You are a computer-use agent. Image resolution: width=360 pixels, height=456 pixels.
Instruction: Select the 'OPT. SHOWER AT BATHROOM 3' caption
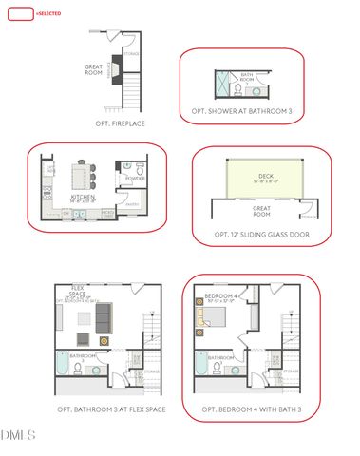pos(244,112)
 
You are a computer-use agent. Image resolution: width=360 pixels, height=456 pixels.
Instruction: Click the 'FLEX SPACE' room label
pos(78,292)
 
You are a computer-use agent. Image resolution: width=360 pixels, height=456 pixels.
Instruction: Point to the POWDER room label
pos(135,178)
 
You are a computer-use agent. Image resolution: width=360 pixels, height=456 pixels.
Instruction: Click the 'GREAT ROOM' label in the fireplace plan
pos(93,69)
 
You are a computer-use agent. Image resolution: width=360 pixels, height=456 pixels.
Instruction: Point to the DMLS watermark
pos(19,435)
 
